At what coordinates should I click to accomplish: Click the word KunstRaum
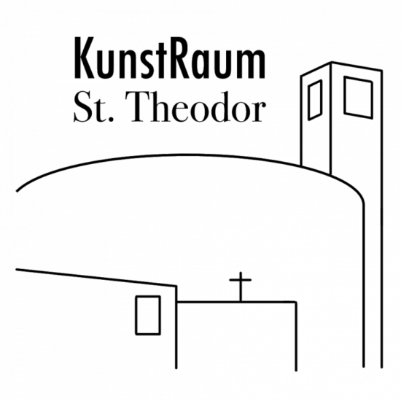[170, 58]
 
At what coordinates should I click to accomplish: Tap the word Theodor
[198, 106]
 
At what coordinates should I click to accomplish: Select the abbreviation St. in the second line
[93, 107]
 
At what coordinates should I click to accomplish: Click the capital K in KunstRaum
[85, 58]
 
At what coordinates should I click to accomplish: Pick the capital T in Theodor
[143, 106]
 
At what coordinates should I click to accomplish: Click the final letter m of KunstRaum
[252, 63]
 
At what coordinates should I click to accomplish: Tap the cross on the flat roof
[240, 287]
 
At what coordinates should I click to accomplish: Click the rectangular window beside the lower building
[148, 315]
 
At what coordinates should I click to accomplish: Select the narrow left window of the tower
[315, 100]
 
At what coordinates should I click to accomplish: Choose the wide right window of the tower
[358, 98]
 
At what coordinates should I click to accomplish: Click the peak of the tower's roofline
[332, 62]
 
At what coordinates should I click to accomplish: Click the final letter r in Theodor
[258, 112]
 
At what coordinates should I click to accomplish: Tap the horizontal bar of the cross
[240, 280]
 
